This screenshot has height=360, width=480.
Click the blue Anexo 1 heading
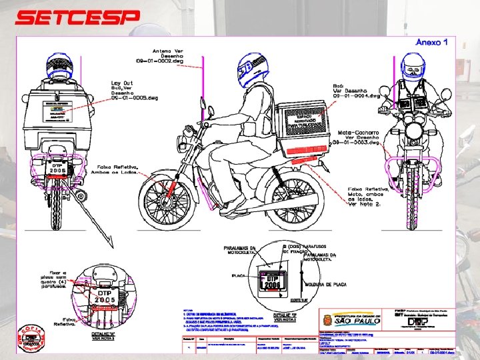click(431, 43)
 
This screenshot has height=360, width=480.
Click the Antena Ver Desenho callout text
click(169, 56)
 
